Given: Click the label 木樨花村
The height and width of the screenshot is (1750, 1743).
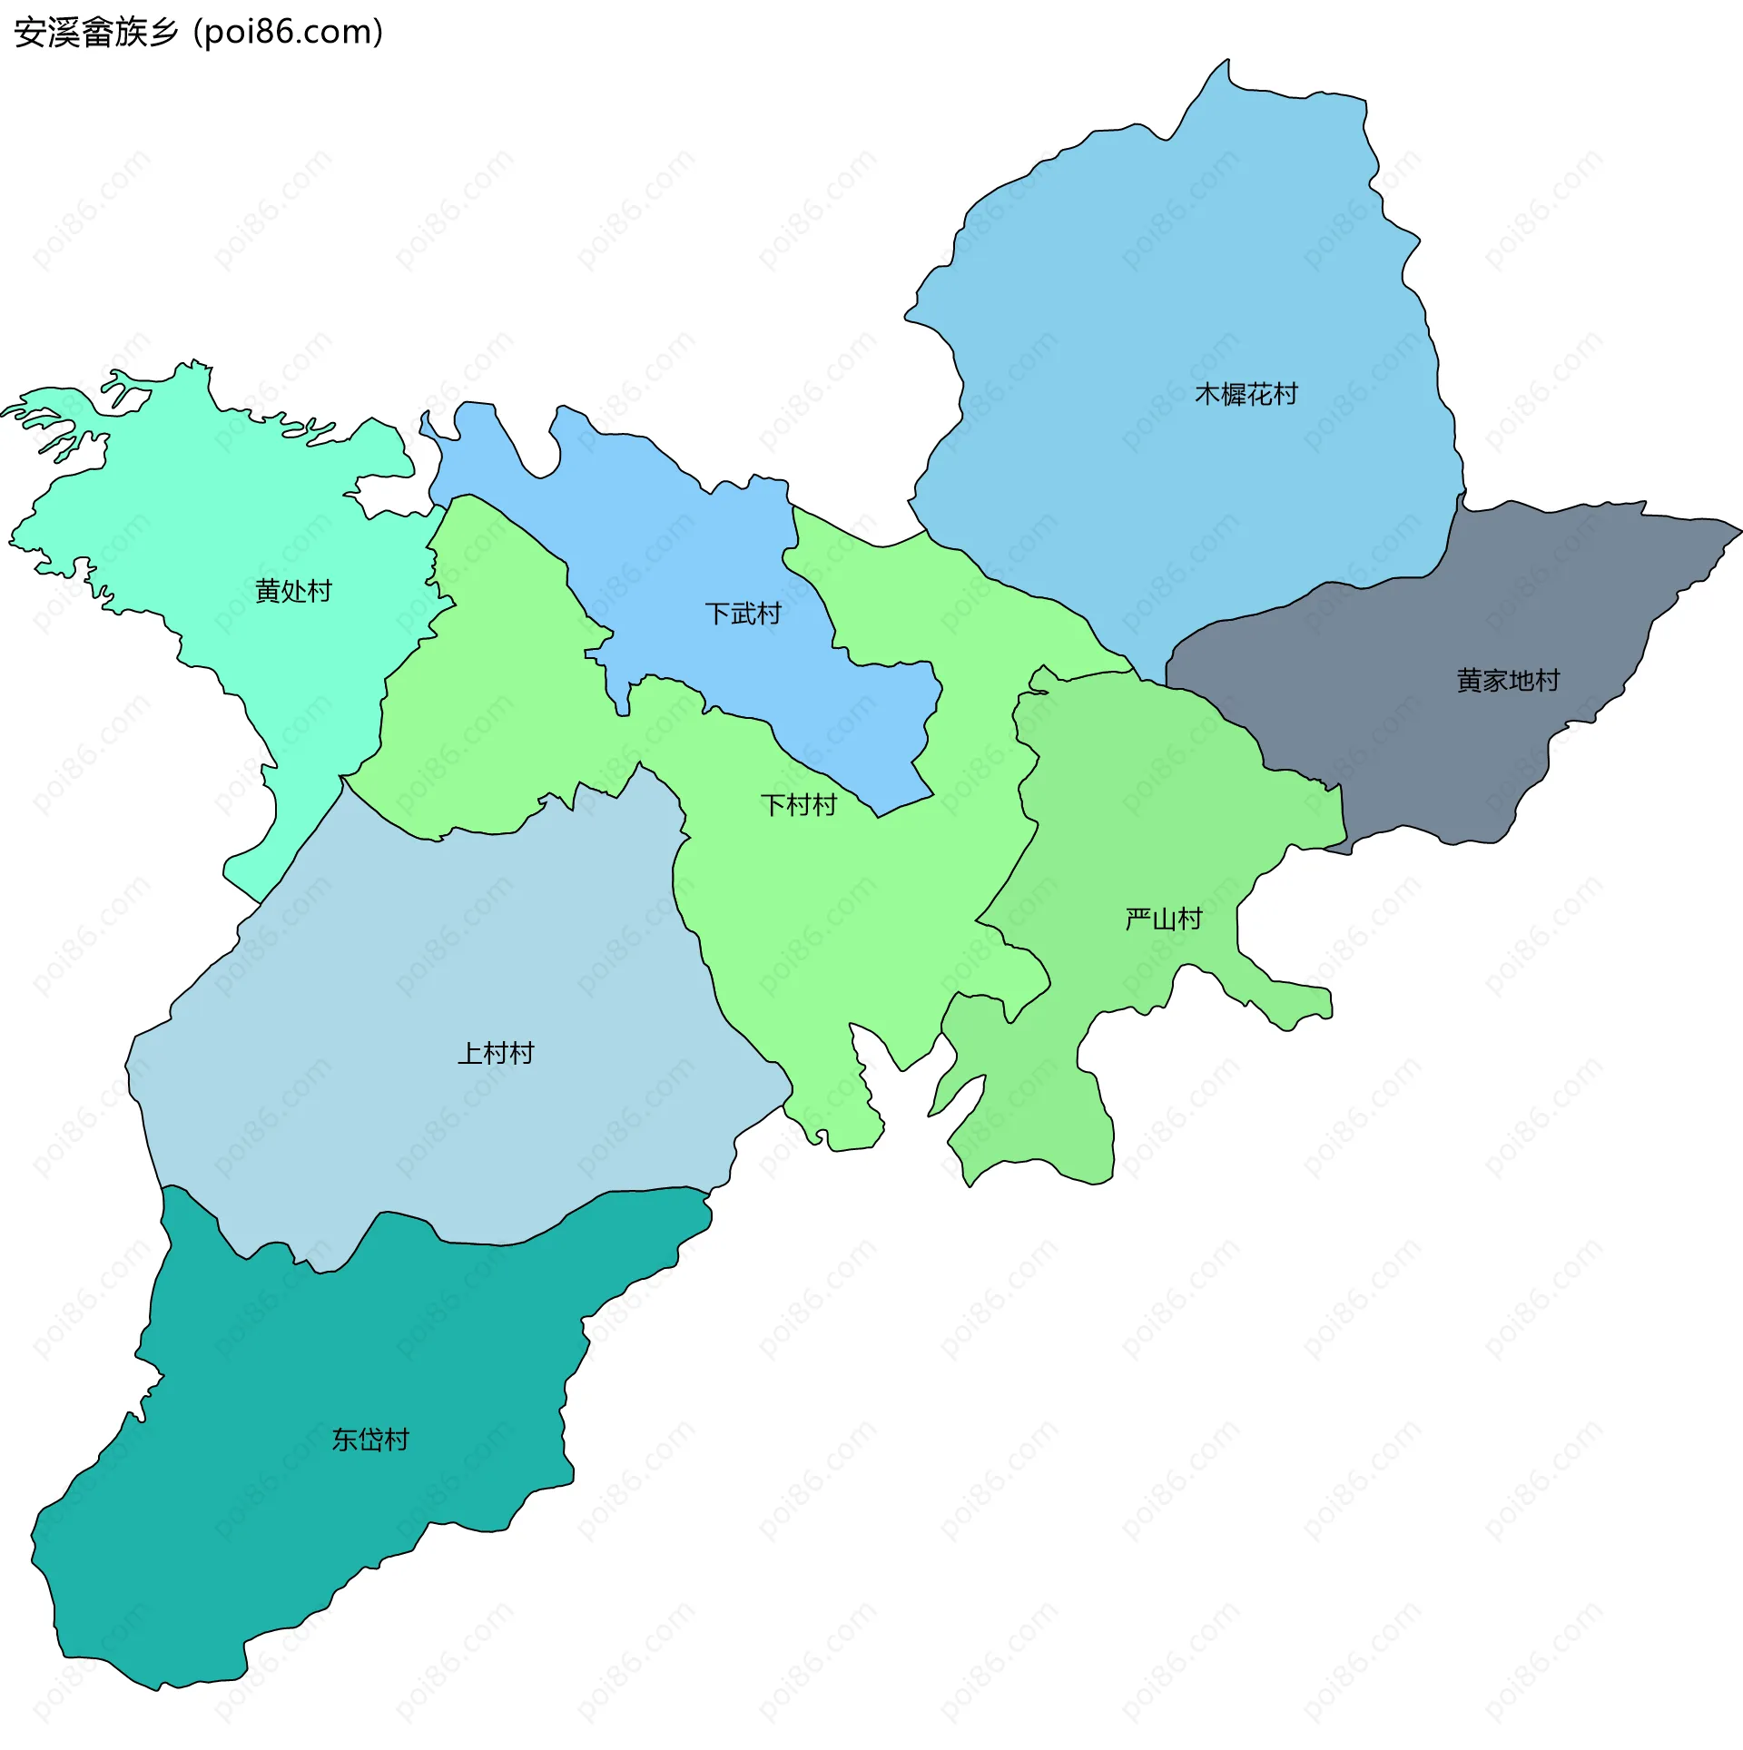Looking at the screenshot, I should pyautogui.click(x=1246, y=394).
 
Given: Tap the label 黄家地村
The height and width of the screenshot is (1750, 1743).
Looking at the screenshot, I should pyautogui.click(x=1508, y=680).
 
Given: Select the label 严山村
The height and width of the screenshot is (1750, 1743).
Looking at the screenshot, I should pyautogui.click(x=1163, y=919).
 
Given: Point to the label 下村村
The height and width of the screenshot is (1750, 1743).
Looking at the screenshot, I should pyautogui.click(x=798, y=805).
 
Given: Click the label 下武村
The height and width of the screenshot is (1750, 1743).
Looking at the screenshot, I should pyautogui.click(x=743, y=614).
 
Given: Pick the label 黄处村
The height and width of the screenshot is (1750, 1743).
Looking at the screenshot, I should pyautogui.click(x=293, y=591).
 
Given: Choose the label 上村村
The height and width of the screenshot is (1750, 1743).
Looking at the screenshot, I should pyautogui.click(x=496, y=1053).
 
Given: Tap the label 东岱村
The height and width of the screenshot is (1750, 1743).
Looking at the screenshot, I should pyautogui.click(x=370, y=1440).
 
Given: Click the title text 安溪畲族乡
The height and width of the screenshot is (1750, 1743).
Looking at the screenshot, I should pyautogui.click(x=96, y=33).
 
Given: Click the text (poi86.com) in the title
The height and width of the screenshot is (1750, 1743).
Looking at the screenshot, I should pyautogui.click(x=289, y=33).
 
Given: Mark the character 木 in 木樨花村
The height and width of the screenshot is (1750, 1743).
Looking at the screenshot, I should pyautogui.click(x=1207, y=394).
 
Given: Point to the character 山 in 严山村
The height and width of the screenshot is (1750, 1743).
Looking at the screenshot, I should pyautogui.click(x=1163, y=919).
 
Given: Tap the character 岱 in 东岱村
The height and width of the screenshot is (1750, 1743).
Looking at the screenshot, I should pyautogui.click(x=370, y=1440).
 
